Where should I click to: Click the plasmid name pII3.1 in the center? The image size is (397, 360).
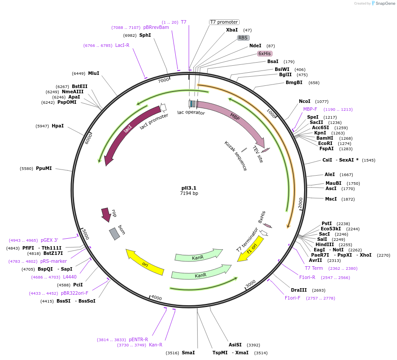[x=189, y=188]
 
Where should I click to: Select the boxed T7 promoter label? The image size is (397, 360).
[x=224, y=22]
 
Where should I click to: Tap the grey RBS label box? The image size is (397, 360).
[x=243, y=38]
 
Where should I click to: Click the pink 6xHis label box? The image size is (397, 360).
[x=265, y=53]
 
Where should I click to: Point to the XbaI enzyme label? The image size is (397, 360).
[x=232, y=30]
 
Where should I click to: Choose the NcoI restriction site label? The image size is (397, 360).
[x=305, y=101]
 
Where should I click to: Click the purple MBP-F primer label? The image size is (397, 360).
[x=310, y=109]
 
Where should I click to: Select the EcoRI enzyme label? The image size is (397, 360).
[x=325, y=143]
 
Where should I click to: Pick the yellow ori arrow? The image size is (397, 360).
[x=145, y=262]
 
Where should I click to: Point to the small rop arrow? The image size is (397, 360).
[x=106, y=214]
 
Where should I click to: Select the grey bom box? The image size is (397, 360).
[x=114, y=233]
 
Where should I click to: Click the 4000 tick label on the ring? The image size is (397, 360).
[x=156, y=298]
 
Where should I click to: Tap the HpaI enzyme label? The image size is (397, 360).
[x=57, y=126]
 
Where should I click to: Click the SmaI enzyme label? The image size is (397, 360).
[x=188, y=353]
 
